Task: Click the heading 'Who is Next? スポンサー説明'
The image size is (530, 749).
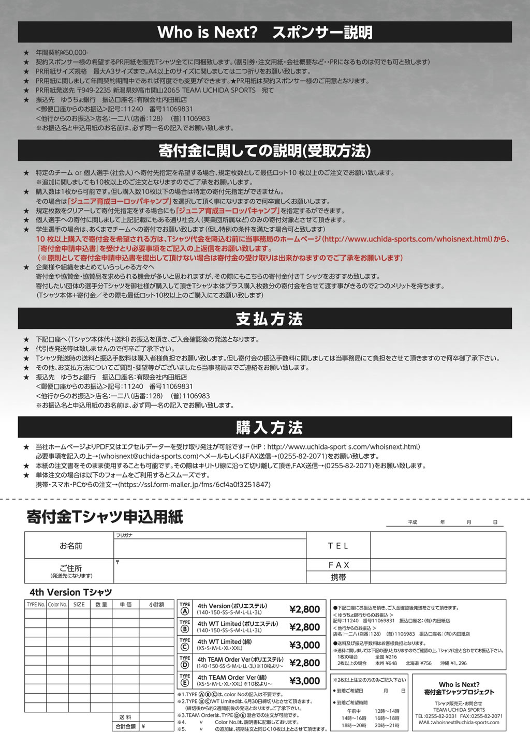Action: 264,32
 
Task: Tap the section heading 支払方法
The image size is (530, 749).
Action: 269,319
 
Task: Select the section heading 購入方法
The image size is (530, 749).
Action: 269,428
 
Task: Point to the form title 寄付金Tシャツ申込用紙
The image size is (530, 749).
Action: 105,517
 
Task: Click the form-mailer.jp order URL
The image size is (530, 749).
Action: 194,485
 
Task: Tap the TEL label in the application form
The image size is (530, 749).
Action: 338,546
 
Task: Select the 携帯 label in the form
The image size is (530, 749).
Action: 338,577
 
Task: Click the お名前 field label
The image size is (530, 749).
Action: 70,546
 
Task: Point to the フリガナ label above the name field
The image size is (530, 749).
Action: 124,535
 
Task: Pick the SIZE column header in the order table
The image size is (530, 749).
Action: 79,604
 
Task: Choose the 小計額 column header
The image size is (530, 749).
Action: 156,604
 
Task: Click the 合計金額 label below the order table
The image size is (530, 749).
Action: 125,726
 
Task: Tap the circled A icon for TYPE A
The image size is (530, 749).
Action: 185,611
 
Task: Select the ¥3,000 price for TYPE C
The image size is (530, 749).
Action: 304,645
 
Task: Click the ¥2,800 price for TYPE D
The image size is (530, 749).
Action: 304,663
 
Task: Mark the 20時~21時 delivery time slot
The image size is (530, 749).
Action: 387,726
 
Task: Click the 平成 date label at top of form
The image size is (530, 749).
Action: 412,522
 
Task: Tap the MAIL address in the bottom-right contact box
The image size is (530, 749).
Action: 459,723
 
